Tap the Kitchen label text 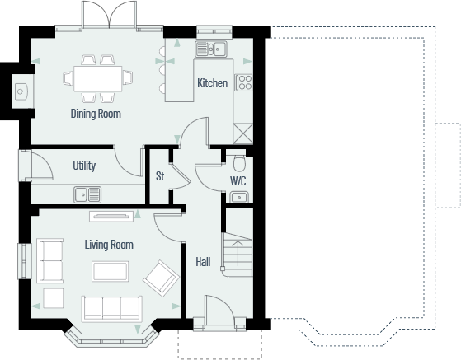tap(212, 83)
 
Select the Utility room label tap(84, 166)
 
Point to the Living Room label tap(109, 245)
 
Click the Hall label tap(203, 262)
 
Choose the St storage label tap(160, 175)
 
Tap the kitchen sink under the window tap(217, 49)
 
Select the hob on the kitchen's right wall tap(243, 82)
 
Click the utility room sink tap(87, 194)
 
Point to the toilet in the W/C tap(239, 161)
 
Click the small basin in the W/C tap(238, 197)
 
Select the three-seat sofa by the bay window tap(111, 306)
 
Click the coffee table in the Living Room tap(111, 271)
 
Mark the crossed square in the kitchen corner tap(243, 133)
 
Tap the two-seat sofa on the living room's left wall tap(49, 259)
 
